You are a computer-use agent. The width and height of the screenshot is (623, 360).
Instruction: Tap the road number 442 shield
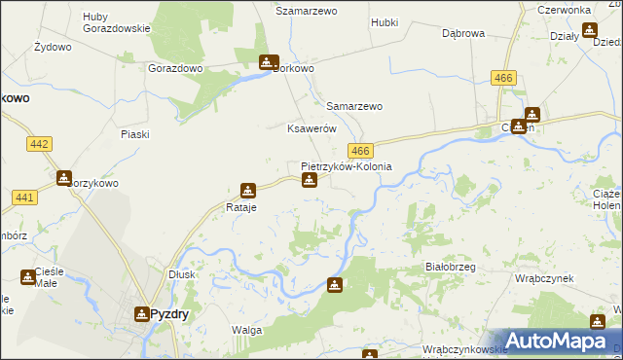tap(40, 144)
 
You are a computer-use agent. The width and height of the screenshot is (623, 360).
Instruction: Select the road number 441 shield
tap(25, 198)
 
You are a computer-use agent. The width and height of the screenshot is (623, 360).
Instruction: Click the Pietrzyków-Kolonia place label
tap(347, 166)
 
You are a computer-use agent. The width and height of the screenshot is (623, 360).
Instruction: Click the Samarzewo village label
tap(354, 106)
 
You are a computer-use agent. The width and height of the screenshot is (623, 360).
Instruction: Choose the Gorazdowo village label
tap(174, 69)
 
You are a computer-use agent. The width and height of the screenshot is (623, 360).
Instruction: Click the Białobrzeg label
tap(450, 266)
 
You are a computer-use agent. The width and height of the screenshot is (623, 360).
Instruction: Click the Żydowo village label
tap(53, 47)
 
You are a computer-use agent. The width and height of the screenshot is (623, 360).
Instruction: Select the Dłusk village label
tap(182, 274)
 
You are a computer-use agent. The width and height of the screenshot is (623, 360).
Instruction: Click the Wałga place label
tap(246, 331)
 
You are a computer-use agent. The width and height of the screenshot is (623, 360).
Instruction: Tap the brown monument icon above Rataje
tap(248, 191)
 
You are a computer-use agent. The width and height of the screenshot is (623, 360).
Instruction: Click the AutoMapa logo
tap(560, 342)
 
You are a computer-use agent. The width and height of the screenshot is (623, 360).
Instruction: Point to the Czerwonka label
tap(570, 10)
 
